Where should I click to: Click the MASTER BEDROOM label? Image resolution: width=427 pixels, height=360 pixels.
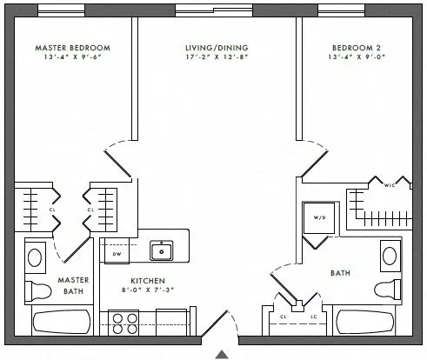point(73,48)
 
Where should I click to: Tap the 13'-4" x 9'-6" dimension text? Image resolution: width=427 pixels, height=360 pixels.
point(73,59)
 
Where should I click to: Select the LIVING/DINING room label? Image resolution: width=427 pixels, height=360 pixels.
point(217,48)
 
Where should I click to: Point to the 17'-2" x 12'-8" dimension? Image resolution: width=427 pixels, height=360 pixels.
point(217,59)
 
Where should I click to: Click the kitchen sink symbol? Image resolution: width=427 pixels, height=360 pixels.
point(160,251)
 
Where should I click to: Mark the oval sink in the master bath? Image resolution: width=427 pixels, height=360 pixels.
point(35,257)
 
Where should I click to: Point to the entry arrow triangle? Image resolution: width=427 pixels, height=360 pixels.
point(223,354)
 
